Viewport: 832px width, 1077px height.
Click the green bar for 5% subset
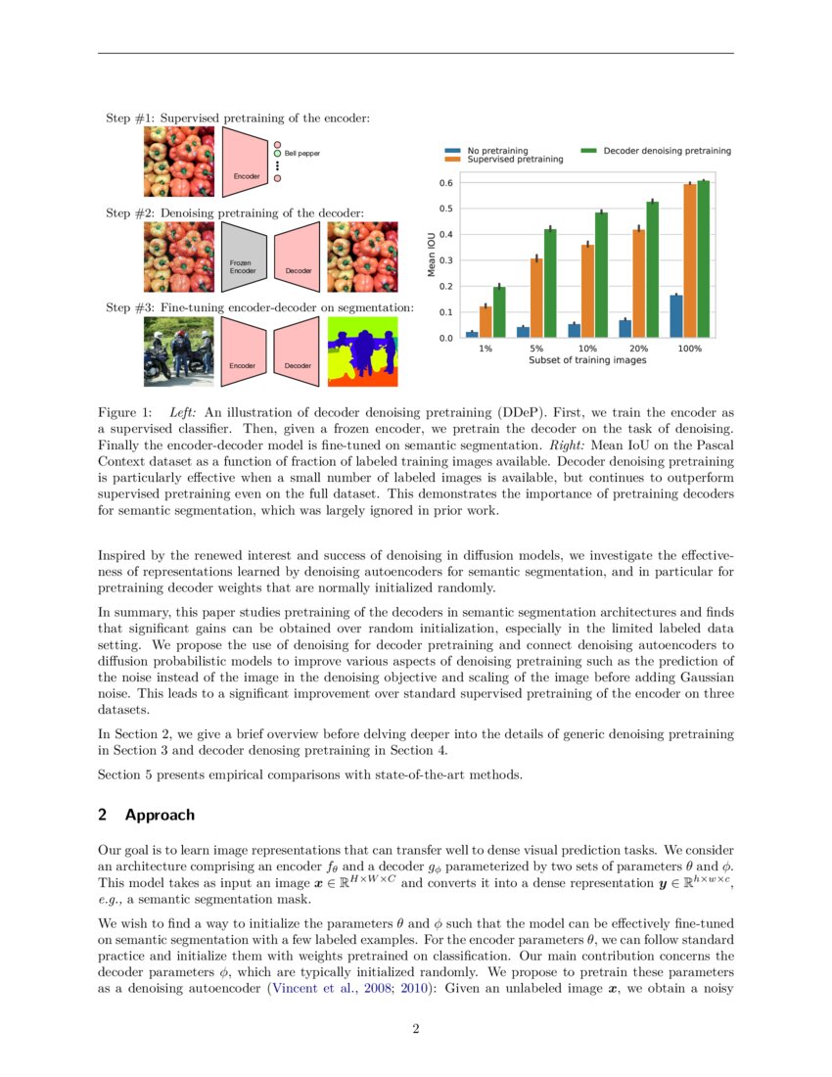click(550, 283)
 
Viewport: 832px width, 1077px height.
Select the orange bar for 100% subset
click(690, 261)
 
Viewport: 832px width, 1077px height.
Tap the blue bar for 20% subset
click(625, 328)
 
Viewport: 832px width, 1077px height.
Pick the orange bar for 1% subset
click(485, 322)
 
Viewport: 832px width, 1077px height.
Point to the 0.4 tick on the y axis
click(445, 234)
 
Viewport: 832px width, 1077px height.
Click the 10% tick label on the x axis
click(588, 349)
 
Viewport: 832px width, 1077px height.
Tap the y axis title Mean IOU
click(431, 255)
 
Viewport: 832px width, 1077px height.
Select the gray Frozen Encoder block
click(244, 257)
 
